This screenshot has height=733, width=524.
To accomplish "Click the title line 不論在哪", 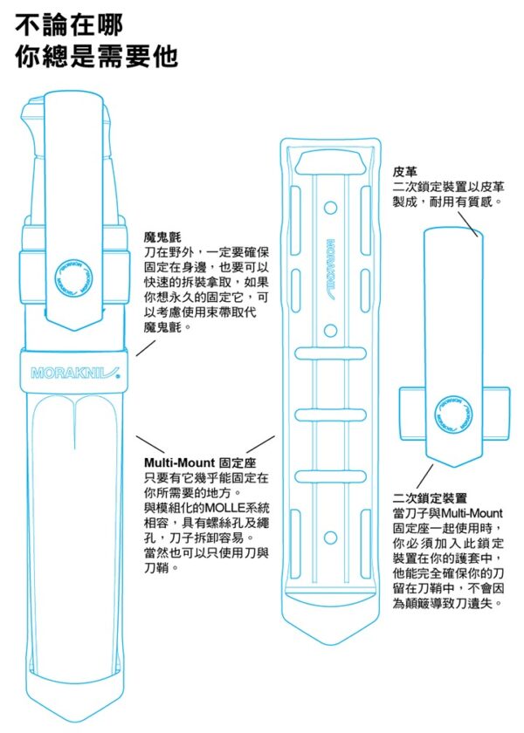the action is (x=69, y=24).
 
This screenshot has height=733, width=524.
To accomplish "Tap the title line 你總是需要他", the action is (x=96, y=57).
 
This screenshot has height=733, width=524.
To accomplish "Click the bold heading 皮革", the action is (x=405, y=171).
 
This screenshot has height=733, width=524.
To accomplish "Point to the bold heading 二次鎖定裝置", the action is (x=430, y=498).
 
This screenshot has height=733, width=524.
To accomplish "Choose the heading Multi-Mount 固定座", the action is (x=200, y=462).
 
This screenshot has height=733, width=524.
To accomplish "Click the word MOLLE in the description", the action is (x=222, y=508).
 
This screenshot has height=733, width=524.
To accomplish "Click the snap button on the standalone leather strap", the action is (x=453, y=414).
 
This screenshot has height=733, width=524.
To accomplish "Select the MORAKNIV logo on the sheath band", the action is (x=75, y=373).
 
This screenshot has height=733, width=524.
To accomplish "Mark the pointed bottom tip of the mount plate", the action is (x=331, y=645).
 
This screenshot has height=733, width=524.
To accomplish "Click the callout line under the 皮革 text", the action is (x=467, y=224).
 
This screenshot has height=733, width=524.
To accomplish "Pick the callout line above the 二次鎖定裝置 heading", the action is (x=424, y=476).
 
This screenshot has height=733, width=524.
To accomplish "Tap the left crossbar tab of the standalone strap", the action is (x=411, y=414).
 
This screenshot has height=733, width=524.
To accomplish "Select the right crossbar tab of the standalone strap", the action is (x=496, y=414).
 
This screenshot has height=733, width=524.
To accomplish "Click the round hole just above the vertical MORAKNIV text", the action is (x=331, y=208).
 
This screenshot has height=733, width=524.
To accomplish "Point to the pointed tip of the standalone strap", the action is (x=454, y=466).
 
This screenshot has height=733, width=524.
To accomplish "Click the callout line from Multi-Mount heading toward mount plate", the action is (x=260, y=444).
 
